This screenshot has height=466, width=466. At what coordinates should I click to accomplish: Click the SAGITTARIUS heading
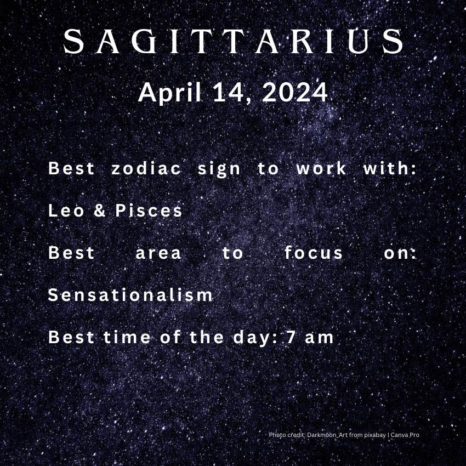click(233, 41)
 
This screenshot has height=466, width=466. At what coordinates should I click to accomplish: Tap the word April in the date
click(170, 93)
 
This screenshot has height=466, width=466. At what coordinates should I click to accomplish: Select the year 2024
click(294, 93)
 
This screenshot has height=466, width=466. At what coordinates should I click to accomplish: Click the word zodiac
click(146, 168)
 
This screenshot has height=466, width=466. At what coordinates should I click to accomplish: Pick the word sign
click(219, 169)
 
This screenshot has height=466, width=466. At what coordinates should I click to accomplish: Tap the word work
click(321, 168)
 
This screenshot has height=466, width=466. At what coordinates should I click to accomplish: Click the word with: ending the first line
click(390, 168)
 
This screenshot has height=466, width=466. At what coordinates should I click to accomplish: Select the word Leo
click(66, 211)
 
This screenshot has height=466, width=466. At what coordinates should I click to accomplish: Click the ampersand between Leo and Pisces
click(100, 211)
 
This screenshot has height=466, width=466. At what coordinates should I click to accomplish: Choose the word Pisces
click(149, 211)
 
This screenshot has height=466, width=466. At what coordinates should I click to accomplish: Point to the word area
click(158, 253)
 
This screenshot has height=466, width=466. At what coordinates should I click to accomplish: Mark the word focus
click(314, 253)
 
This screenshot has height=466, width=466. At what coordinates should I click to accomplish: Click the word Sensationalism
click(130, 295)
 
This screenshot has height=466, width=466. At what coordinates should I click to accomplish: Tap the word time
click(127, 337)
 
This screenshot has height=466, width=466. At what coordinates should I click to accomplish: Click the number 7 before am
click(291, 337)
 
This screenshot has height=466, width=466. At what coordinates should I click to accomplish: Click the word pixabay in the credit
click(375, 435)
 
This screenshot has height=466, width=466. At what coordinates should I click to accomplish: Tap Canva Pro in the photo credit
click(405, 435)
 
